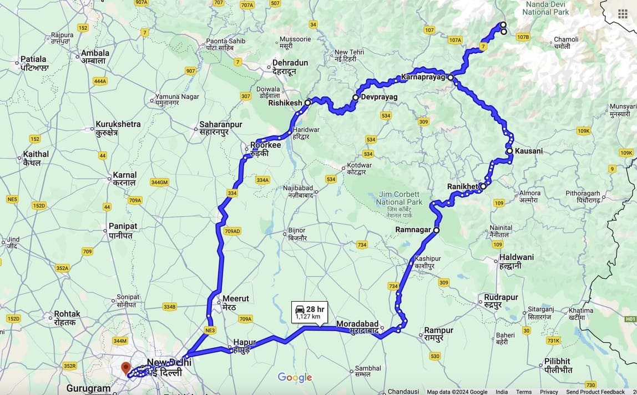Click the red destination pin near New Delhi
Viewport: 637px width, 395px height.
(126, 368)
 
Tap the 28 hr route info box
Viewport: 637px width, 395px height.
(309, 312)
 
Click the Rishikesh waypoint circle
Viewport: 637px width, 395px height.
(307, 103)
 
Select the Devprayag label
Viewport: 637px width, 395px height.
(379, 97)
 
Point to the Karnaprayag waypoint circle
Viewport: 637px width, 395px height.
(451, 77)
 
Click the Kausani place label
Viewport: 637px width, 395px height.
(528, 151)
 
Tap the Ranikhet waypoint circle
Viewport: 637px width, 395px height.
(483, 186)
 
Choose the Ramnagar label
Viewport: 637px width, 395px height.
(413, 229)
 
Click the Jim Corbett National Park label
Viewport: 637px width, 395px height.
(399, 198)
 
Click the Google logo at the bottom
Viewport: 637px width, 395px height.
(295, 378)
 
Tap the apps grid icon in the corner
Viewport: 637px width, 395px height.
(622, 13)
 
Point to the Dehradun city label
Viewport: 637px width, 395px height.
(290, 63)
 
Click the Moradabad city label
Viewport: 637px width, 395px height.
(357, 324)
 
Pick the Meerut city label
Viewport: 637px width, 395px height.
(235, 299)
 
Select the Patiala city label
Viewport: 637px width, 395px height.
(34, 59)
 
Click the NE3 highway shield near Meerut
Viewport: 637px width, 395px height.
(210, 330)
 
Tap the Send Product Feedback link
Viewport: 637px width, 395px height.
(595, 392)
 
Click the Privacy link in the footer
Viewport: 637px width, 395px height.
(549, 392)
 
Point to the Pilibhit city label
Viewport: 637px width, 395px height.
(557, 362)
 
